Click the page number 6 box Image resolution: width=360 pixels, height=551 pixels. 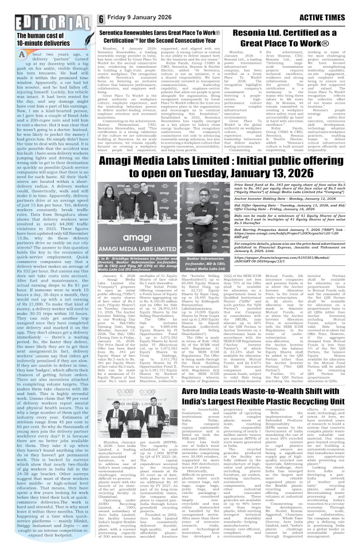pyautogui.click(x=101, y=19)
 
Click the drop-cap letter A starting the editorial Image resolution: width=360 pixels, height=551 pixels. pyautogui.click(x=23, y=55)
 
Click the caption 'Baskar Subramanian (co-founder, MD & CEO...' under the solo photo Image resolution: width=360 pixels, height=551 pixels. pyautogui.click(x=205, y=264)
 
